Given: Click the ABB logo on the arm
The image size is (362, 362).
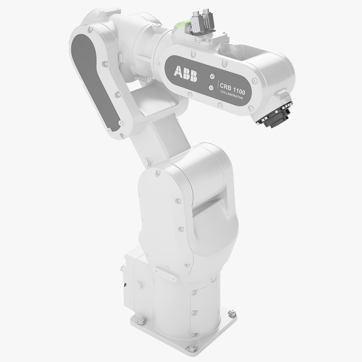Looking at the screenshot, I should tap(186, 73).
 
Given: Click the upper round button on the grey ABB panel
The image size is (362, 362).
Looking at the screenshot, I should tap(212, 76).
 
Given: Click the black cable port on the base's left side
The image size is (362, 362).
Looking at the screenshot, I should tap(125, 285).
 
